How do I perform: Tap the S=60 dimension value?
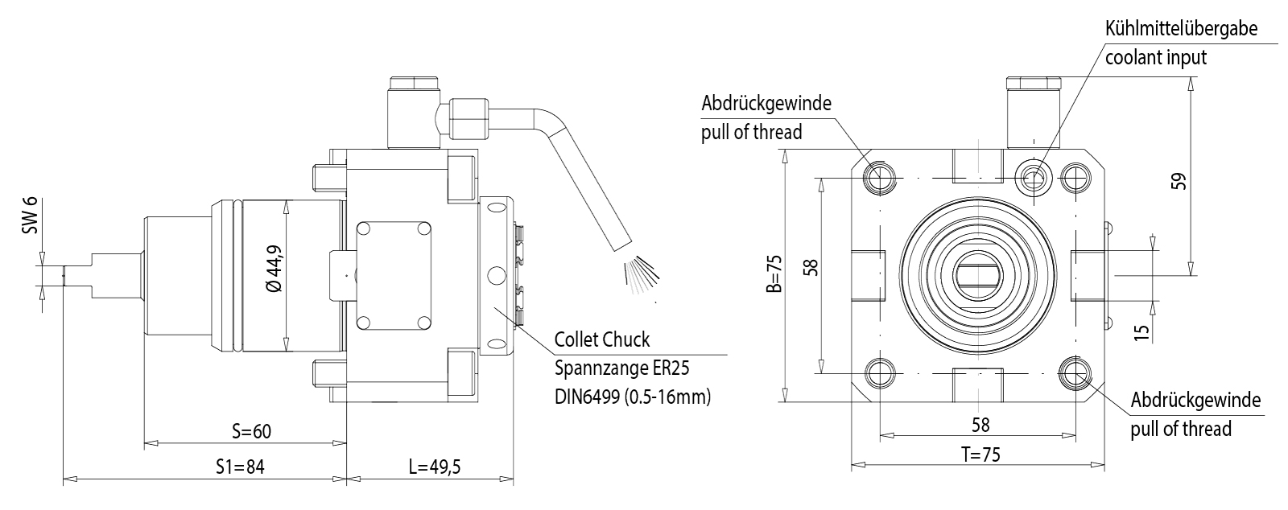tap(251, 431)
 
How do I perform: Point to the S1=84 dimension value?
tap(240, 467)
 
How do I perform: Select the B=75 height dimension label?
tap(774, 276)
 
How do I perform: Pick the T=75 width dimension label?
tap(980, 454)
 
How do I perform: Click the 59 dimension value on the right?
tap(1179, 180)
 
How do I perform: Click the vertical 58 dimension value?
tap(811, 266)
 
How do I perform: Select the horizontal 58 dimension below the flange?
tap(980, 425)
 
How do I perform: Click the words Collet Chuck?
tap(602, 339)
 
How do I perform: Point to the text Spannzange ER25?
tap(622, 368)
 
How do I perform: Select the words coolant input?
tap(1156, 57)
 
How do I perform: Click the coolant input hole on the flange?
tap(1034, 176)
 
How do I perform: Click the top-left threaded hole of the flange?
tap(879, 177)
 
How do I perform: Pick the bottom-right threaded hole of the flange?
tap(1075, 372)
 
